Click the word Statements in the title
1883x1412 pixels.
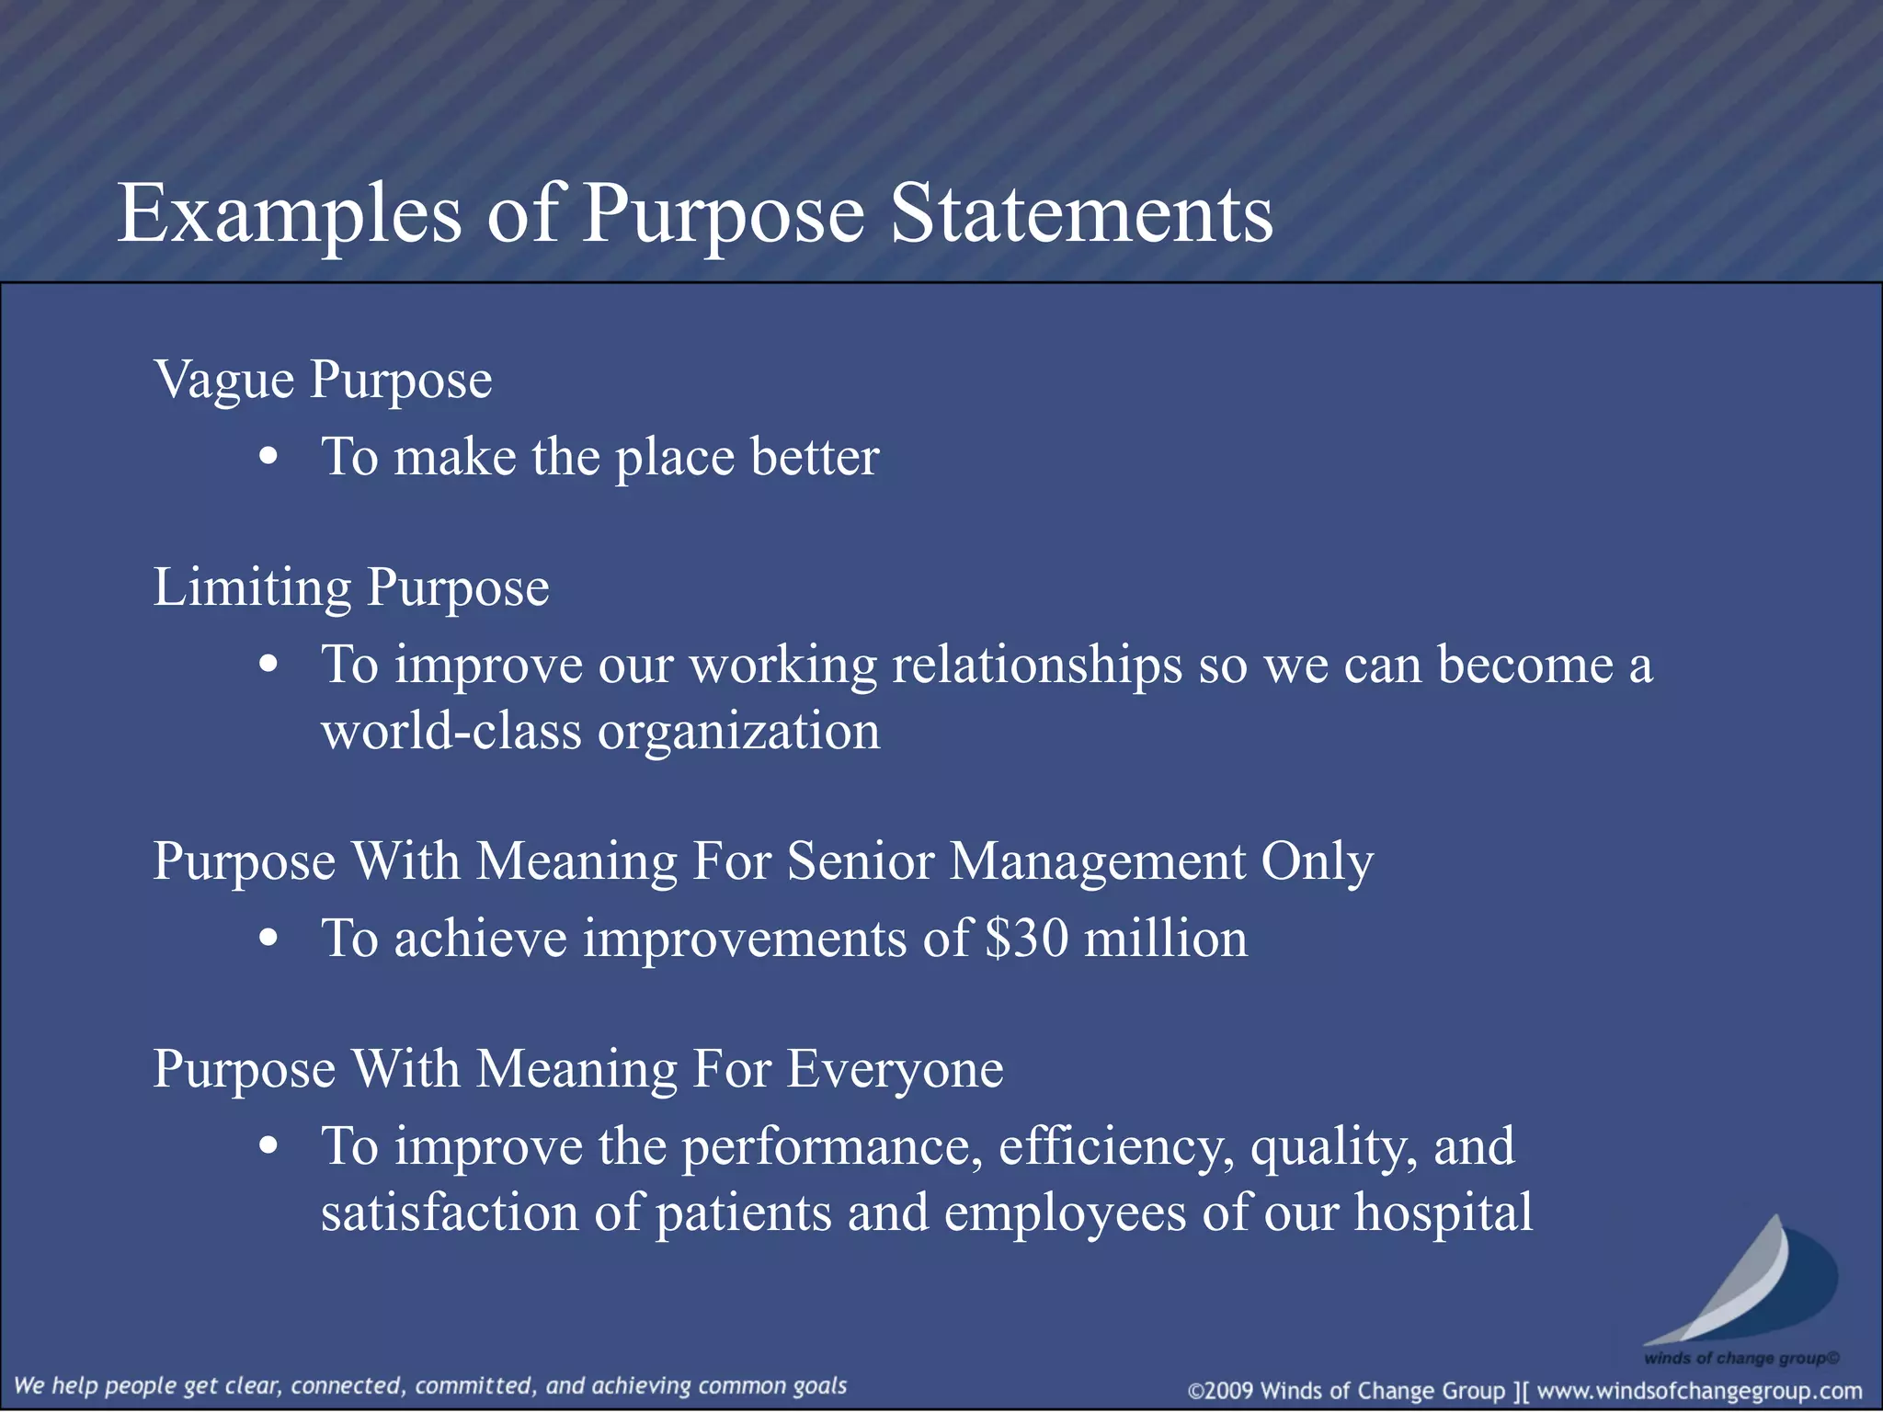(x=1082, y=213)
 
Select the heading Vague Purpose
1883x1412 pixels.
(x=323, y=381)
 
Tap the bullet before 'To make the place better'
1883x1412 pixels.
(x=268, y=457)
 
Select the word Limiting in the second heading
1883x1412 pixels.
(x=252, y=588)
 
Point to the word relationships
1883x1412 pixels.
(x=1037, y=666)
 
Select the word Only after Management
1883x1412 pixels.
(x=1317, y=862)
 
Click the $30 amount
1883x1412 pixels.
(x=1026, y=939)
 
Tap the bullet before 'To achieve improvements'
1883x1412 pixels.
(x=268, y=939)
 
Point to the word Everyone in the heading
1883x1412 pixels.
(x=895, y=1070)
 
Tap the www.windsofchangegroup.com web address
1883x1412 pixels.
(x=1699, y=1391)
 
